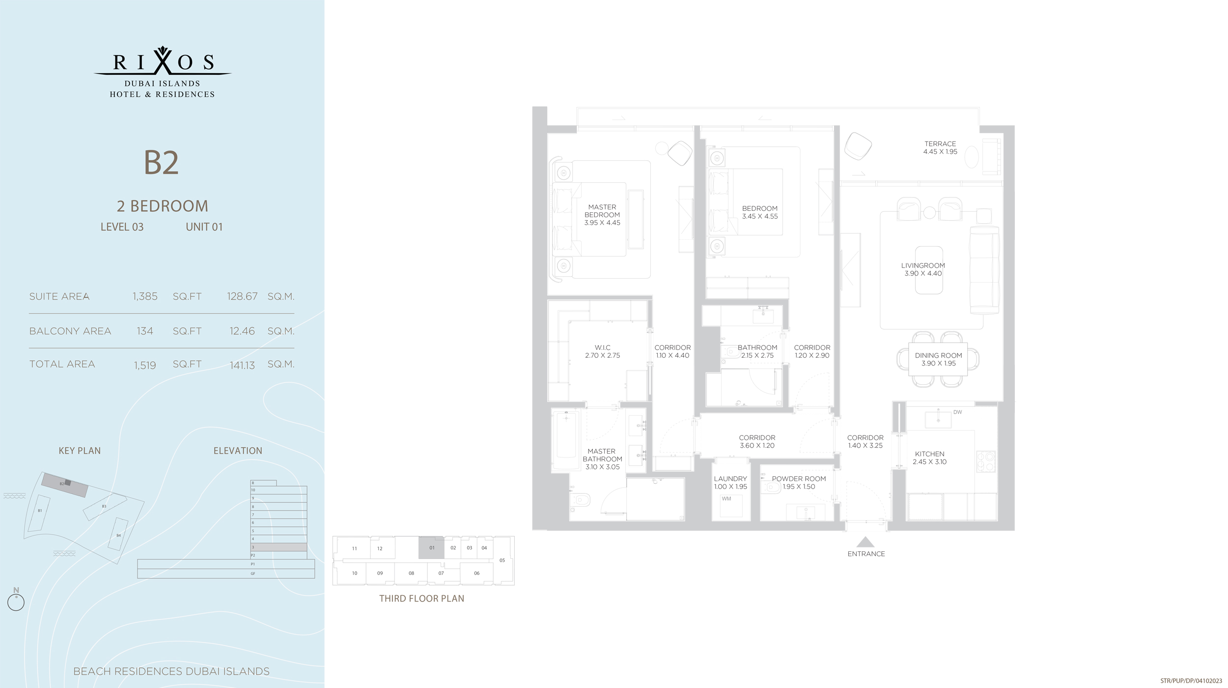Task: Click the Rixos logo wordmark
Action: [163, 62]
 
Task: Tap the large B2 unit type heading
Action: [161, 163]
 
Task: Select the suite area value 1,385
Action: [145, 296]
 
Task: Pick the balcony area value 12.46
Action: [242, 331]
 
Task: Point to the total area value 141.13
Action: [242, 365]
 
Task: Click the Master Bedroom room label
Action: [602, 211]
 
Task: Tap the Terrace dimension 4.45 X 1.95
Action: [940, 152]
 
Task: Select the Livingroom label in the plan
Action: [923, 266]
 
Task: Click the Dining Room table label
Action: [938, 355]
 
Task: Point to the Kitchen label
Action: [929, 454]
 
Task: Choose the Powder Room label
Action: [799, 479]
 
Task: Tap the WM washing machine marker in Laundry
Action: [726, 499]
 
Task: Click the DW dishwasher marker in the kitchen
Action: [957, 412]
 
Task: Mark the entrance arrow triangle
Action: [865, 542]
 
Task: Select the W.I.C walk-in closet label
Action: [602, 347]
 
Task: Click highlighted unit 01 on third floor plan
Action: [432, 547]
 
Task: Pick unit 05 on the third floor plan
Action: [502, 560]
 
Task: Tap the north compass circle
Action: [16, 602]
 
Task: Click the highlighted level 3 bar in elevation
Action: [279, 547]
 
